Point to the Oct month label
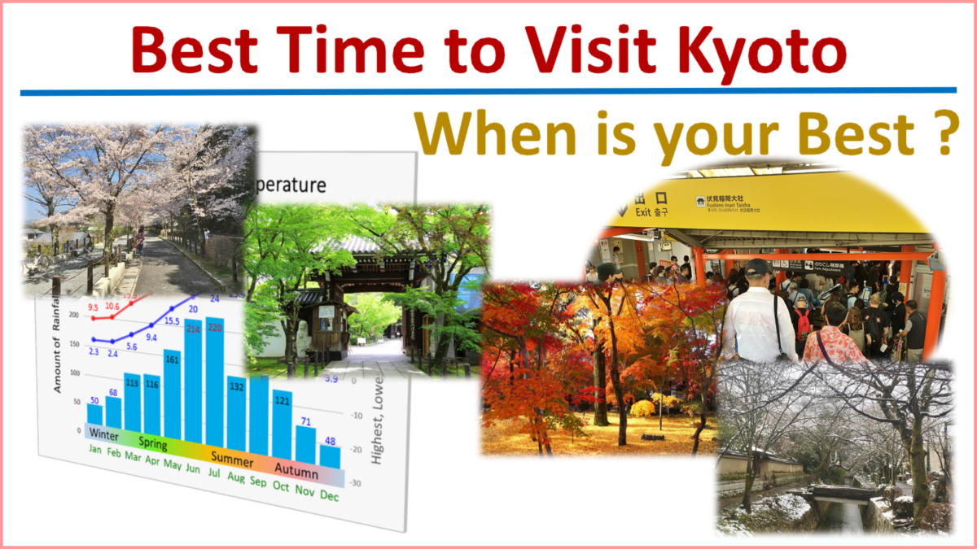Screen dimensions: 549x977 coord(282,486)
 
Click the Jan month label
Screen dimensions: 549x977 coord(96,450)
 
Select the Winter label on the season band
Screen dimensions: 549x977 coord(105,433)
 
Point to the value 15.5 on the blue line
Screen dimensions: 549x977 coord(172,322)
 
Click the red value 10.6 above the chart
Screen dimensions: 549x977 coord(112,307)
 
